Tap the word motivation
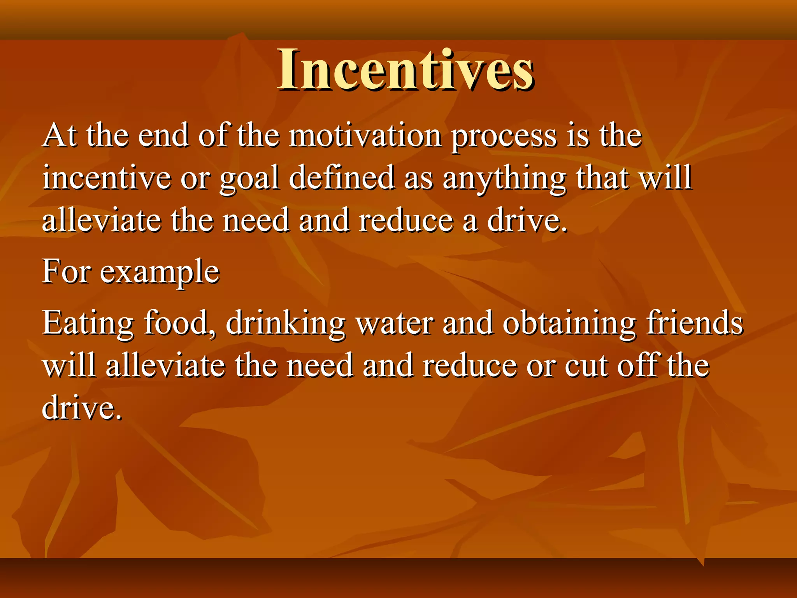point(365,135)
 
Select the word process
point(504,136)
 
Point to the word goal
point(249,179)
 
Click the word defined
point(342,177)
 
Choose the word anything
point(504,179)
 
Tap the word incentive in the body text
point(107,177)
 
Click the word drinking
point(285,324)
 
